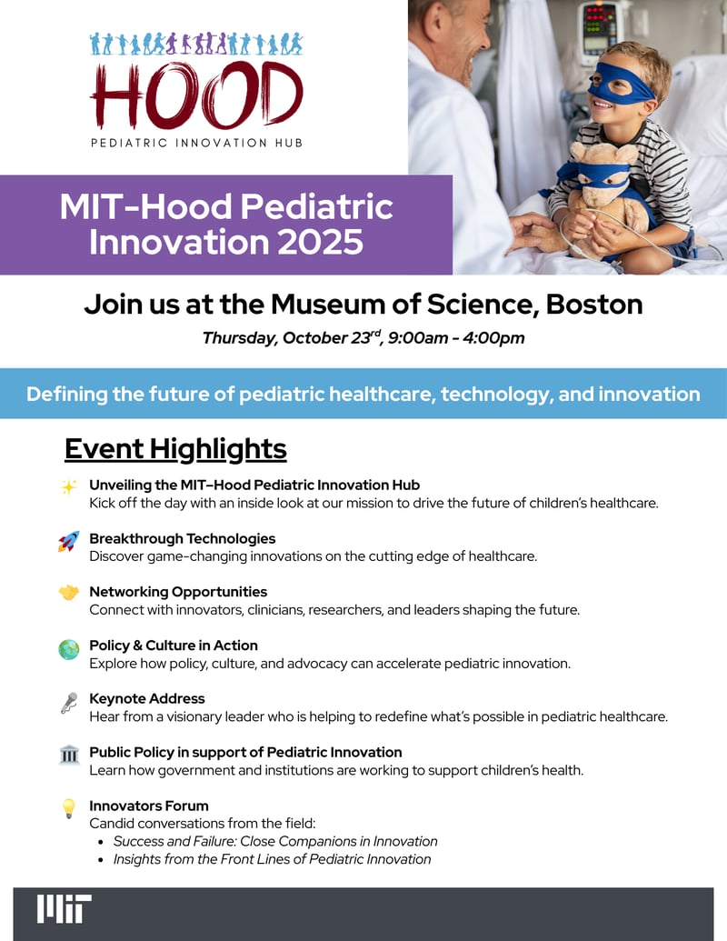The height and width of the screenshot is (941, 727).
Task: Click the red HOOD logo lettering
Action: (197, 95)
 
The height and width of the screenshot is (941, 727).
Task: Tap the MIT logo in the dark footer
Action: (65, 908)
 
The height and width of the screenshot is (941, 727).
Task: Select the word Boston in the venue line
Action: (593, 305)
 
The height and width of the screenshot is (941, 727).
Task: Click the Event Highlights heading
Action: (175, 449)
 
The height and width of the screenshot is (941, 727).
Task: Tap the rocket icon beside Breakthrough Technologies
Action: (68, 541)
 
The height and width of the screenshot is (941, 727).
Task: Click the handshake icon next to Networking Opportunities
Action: (68, 593)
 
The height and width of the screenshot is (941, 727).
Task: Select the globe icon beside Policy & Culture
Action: (68, 649)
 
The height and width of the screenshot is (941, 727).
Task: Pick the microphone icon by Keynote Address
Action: (69, 703)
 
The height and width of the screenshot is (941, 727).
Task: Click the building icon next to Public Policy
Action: (69, 754)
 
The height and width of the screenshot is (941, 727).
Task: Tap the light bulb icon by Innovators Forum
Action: (69, 808)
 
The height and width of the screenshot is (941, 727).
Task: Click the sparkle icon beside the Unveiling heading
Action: (69, 486)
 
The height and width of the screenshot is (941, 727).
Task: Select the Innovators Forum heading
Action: (149, 806)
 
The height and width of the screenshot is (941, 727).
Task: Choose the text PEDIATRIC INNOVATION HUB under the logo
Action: (197, 143)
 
